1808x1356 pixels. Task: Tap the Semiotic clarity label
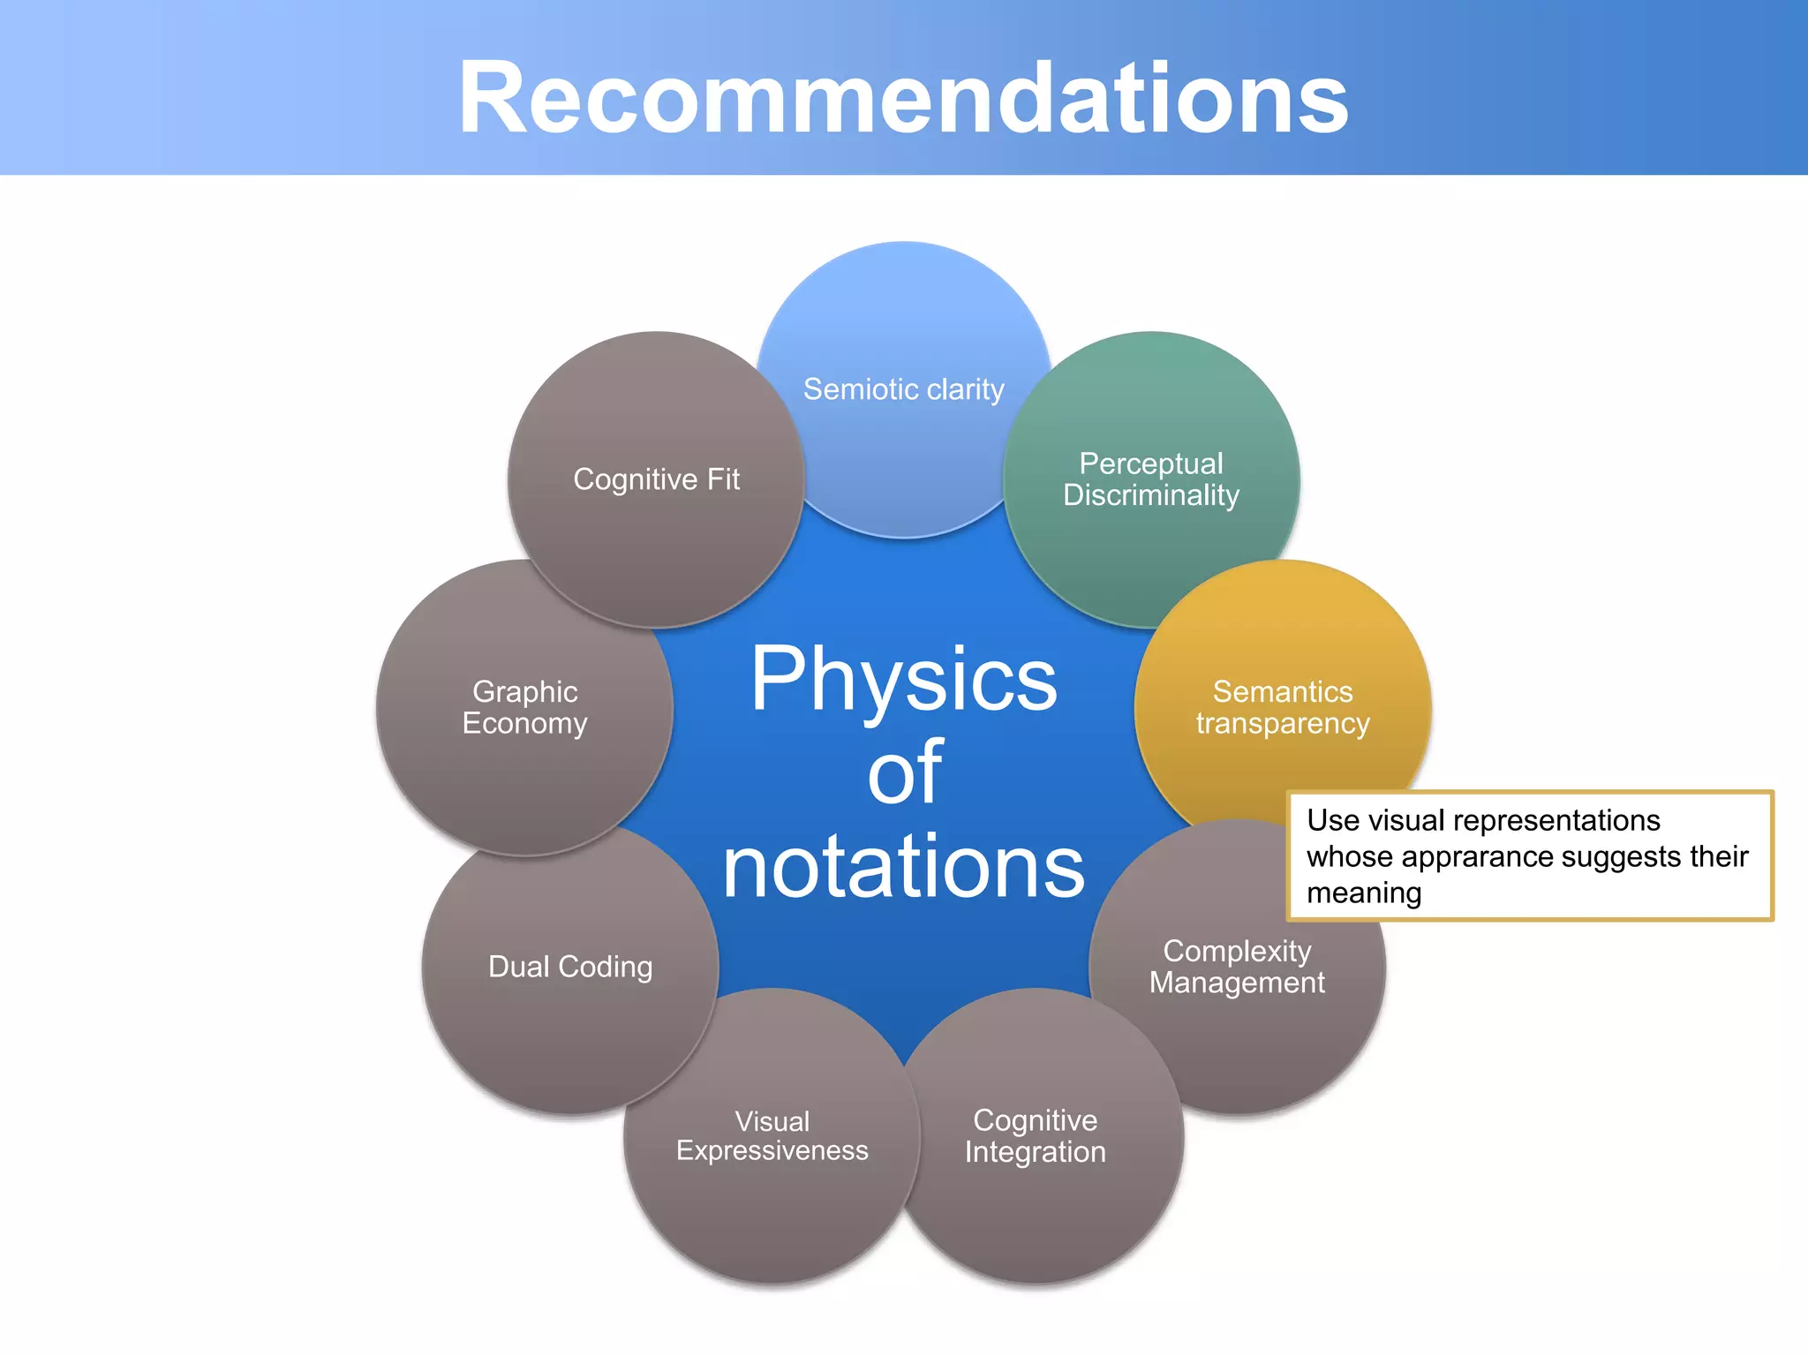pyautogui.click(x=903, y=389)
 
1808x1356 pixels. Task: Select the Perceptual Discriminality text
pyautogui.click(x=1150, y=479)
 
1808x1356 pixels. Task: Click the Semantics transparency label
pyautogui.click(x=1282, y=707)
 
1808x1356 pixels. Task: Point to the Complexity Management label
pyautogui.click(x=1236, y=967)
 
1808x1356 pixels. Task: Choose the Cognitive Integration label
pyautogui.click(x=1035, y=1136)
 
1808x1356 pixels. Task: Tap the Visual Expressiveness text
pyautogui.click(x=772, y=1136)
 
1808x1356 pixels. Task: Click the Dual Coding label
pyautogui.click(x=570, y=967)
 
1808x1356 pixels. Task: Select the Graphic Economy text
pyautogui.click(x=524, y=707)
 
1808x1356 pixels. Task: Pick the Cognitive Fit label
pyautogui.click(x=656, y=479)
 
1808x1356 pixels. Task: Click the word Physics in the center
pyautogui.click(x=903, y=680)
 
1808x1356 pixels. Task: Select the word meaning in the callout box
pyautogui.click(x=1363, y=893)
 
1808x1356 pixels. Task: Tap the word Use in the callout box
pyautogui.click(x=1331, y=820)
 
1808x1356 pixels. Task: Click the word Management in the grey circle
pyautogui.click(x=1236, y=983)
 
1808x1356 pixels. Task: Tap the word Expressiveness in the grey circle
pyautogui.click(x=772, y=1151)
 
